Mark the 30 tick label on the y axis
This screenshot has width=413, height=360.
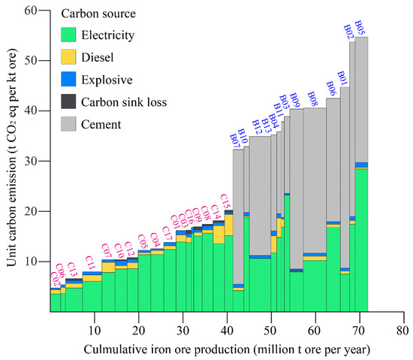[31, 161]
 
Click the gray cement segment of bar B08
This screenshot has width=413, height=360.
[315, 180]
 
